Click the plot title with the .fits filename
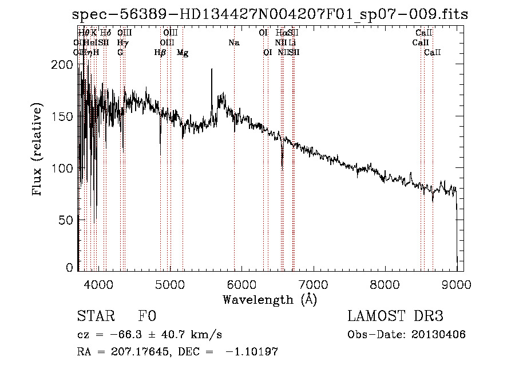click(x=270, y=14)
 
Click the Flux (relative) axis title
click(x=38, y=150)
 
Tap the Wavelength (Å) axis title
click(x=270, y=299)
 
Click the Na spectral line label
click(x=233, y=42)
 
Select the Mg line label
click(x=183, y=53)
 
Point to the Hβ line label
click(x=160, y=53)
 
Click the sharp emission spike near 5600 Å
click(x=212, y=70)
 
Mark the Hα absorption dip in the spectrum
click(x=282, y=163)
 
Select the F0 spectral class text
click(x=147, y=317)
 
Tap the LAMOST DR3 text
click(x=395, y=317)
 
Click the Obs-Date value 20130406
click(x=438, y=335)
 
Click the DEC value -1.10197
click(x=251, y=352)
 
